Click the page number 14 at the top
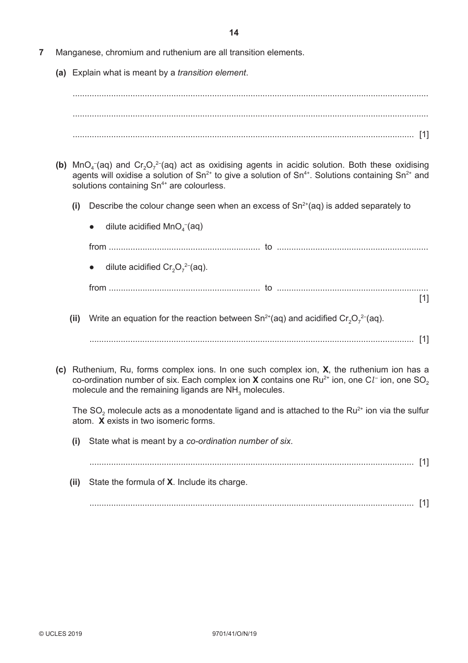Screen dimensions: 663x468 [234, 33]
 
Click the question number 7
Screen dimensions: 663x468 [41, 52]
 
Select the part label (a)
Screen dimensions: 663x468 [61, 73]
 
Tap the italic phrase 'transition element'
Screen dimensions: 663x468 [212, 73]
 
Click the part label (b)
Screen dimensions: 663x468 [61, 165]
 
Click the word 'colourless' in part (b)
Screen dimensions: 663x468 [205, 186]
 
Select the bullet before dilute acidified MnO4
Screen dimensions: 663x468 [92, 227]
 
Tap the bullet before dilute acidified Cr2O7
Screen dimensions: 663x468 [92, 267]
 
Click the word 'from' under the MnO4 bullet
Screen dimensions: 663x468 [98, 247]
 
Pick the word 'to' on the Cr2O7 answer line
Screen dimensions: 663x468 [268, 288]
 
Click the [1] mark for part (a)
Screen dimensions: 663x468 [424, 135]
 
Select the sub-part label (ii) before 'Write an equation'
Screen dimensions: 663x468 [75, 319]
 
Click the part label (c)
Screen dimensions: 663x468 [61, 369]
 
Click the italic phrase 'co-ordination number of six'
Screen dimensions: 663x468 [238, 441]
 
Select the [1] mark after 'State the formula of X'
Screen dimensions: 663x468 [424, 503]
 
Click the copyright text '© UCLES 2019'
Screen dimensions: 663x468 [61, 634]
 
